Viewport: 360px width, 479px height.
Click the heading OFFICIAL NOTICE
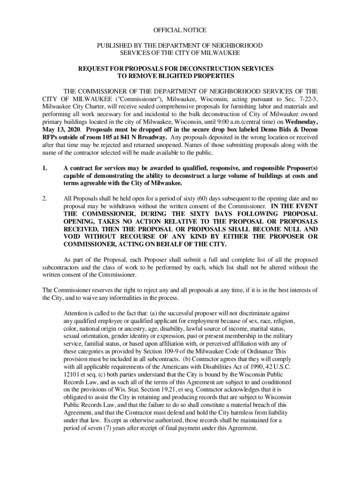[180, 30]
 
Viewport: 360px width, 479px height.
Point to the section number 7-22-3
[306, 99]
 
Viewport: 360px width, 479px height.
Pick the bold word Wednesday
[300, 121]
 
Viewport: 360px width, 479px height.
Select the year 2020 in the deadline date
[71, 129]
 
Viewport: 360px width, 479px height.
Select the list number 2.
[44, 198]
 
